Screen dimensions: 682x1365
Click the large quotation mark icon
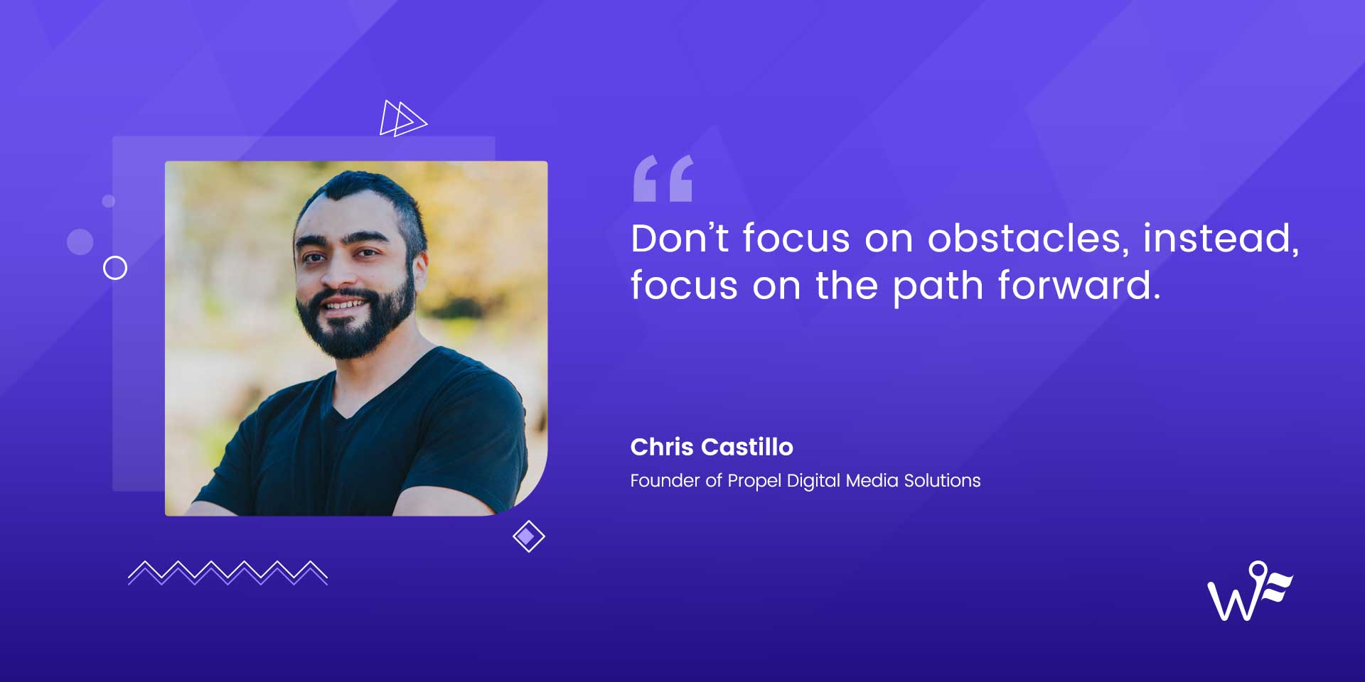[663, 178]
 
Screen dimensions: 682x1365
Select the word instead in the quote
[1220, 238]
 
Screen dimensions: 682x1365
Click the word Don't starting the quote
[679, 238]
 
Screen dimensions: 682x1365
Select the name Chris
[661, 447]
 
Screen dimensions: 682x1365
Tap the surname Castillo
[747, 447]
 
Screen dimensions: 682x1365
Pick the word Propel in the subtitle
[754, 482]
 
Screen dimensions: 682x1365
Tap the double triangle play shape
[402, 119]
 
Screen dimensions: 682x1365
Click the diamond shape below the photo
[528, 536]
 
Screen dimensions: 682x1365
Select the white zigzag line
[227, 573]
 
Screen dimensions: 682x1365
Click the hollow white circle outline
[115, 268]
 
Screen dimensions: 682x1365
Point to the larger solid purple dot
[80, 242]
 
